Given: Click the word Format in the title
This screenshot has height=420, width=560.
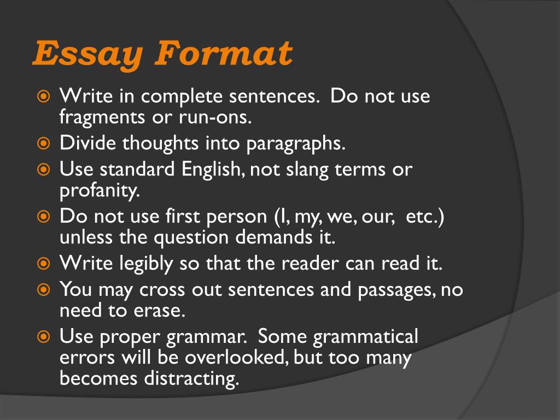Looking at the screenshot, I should [225, 53].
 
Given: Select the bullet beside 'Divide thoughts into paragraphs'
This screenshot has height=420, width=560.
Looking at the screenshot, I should [44, 144].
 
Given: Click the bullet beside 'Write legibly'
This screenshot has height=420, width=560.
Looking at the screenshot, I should [44, 264].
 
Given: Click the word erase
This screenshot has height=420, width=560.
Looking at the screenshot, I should [160, 310].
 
